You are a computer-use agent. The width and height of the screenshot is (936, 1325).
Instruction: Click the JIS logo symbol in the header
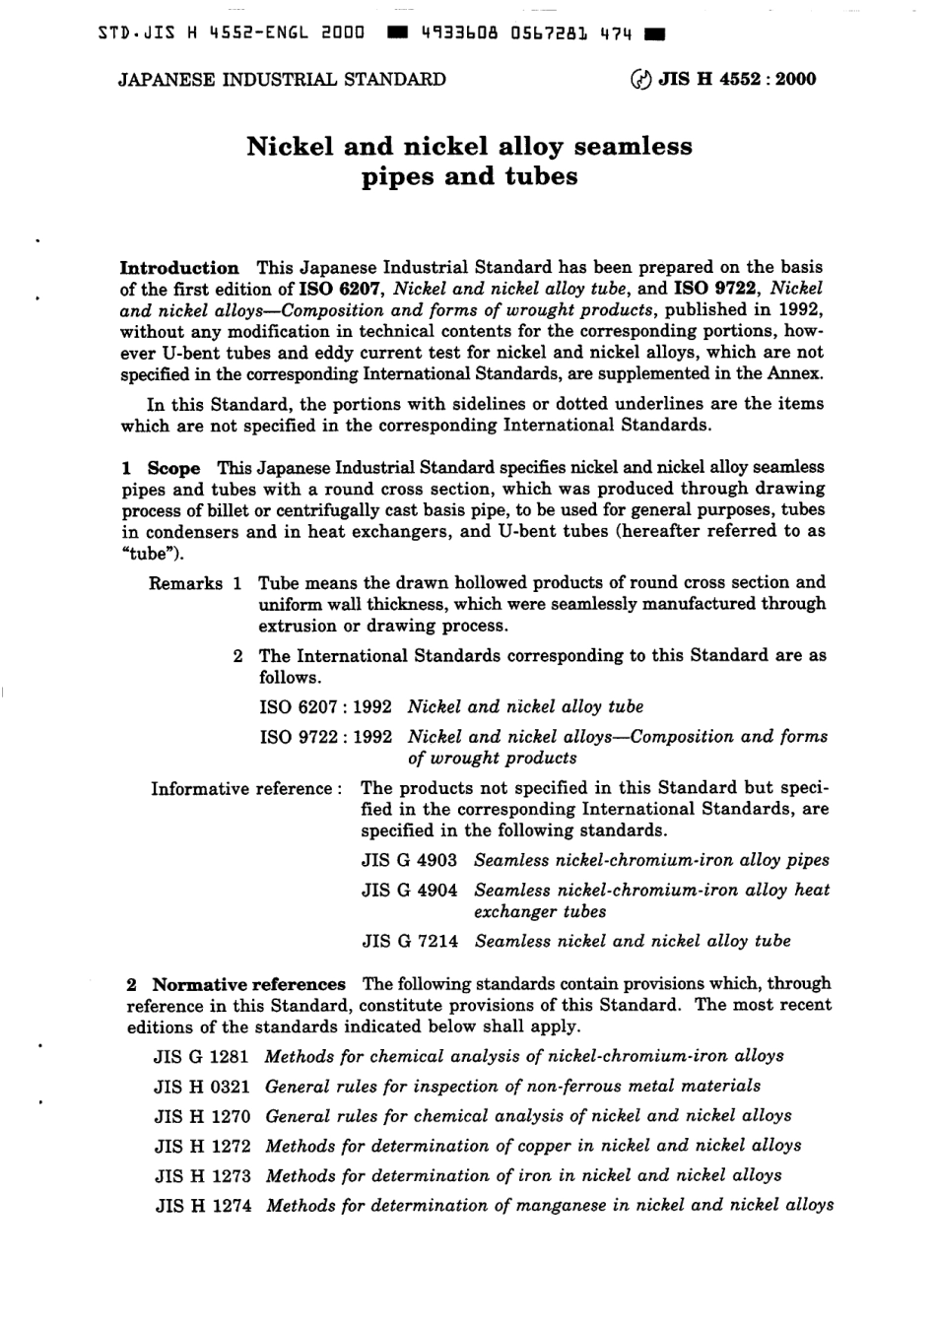640,80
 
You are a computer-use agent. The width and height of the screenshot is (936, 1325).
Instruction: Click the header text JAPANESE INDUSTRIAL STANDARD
282,80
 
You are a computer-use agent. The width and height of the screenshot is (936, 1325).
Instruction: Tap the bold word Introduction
179,268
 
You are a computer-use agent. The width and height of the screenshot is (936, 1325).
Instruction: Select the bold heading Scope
173,468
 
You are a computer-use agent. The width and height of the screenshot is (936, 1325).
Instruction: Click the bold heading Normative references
248,984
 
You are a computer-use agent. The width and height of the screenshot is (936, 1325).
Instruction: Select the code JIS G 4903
409,860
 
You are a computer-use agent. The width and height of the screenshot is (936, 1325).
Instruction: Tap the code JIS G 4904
409,891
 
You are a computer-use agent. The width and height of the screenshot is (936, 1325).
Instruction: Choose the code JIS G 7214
410,942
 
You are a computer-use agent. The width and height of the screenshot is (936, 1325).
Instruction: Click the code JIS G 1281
202,1056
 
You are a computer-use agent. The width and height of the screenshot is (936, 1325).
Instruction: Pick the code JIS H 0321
202,1087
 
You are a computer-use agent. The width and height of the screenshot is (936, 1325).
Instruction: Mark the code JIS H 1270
202,1116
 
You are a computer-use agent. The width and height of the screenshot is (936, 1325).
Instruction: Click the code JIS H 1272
202,1146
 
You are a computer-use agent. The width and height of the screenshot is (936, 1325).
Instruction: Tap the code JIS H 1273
202,1175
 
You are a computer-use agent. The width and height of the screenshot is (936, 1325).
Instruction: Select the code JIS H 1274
203,1206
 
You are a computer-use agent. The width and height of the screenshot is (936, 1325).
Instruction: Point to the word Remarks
185,584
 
